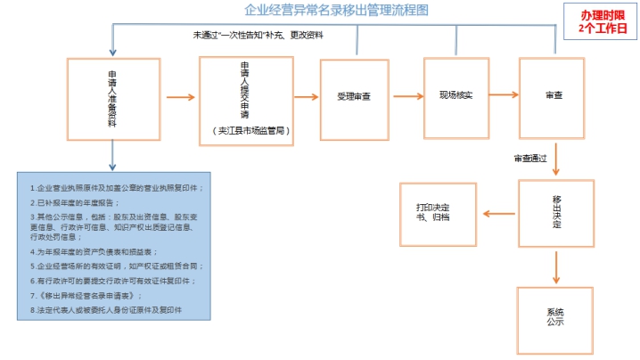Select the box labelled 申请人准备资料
tap(111, 98)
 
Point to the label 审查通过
tap(532, 160)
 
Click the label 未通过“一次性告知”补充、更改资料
tap(258, 36)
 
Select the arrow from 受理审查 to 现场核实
tap(406, 95)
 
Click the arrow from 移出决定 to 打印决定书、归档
tap(497, 211)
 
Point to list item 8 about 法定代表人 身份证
tap(105, 309)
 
